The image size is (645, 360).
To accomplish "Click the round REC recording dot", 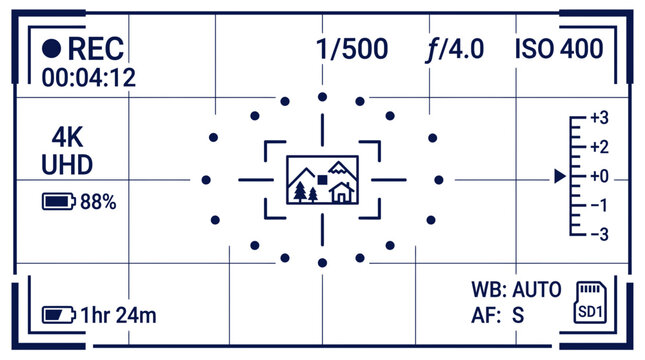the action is (51, 49).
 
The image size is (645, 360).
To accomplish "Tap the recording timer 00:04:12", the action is (88, 78).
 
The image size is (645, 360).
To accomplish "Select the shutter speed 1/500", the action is (352, 49).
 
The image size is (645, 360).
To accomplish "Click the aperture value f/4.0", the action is (455, 50).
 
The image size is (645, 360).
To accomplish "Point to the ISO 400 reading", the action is (559, 49).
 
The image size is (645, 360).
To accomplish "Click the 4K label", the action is (67, 137).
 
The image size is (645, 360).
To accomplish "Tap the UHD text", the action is (67, 165).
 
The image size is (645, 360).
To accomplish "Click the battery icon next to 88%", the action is (58, 202).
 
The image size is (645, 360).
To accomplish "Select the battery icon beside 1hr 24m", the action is (58, 315).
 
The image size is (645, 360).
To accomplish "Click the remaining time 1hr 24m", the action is (118, 316).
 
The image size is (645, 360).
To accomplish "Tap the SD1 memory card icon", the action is (590, 302).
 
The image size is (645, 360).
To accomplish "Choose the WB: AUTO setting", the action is (516, 290).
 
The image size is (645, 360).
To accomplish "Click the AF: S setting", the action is (498, 316).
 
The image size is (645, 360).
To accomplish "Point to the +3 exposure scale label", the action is (599, 118).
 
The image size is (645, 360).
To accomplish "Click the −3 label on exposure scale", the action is (599, 234).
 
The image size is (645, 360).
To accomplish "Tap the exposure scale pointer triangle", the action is (560, 176).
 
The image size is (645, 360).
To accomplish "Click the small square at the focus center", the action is (322, 180).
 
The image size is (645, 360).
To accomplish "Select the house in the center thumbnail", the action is (341, 192).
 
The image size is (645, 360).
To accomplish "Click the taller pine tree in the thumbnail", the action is (301, 192).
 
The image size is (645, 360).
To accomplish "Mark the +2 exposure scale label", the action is (599, 147).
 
